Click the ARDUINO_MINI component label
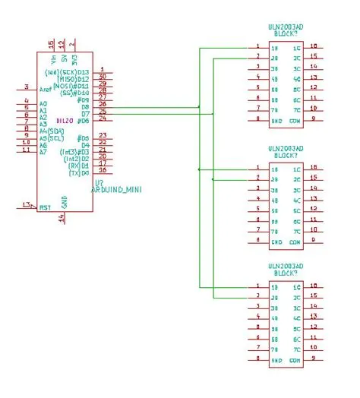[118, 188]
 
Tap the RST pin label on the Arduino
[45, 206]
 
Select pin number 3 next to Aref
[27, 87]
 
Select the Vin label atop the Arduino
[52, 58]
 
